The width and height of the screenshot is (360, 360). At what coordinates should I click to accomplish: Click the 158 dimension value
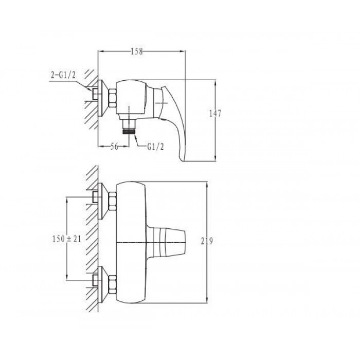(137, 51)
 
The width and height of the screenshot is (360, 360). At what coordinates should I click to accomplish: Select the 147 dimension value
(215, 114)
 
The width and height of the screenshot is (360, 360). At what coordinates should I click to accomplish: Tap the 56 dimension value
(114, 146)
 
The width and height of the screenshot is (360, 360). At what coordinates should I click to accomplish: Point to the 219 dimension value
(207, 241)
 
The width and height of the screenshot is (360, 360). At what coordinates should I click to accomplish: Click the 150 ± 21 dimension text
(66, 239)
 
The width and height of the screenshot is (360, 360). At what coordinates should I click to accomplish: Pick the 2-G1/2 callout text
(63, 75)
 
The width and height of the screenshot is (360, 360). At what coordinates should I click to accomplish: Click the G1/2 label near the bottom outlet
(155, 147)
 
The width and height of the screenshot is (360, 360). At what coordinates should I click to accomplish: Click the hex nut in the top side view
(113, 98)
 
